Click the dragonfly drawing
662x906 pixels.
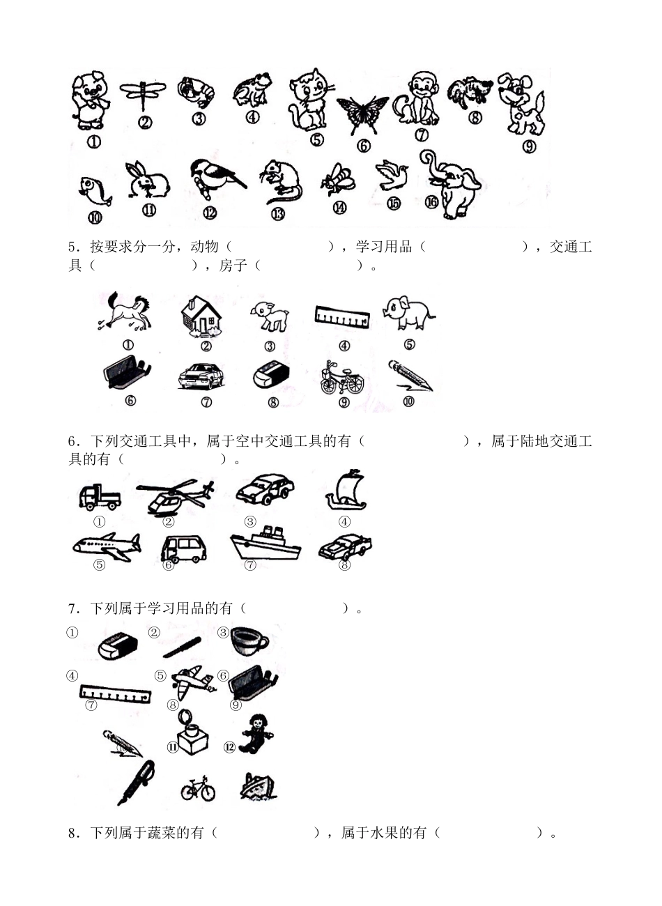tap(143, 92)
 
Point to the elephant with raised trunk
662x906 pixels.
tap(454, 180)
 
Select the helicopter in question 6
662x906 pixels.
tap(174, 496)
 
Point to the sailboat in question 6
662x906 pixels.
tap(346, 491)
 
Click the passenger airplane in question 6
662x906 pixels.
tap(106, 546)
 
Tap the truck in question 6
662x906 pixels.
tap(99, 496)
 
